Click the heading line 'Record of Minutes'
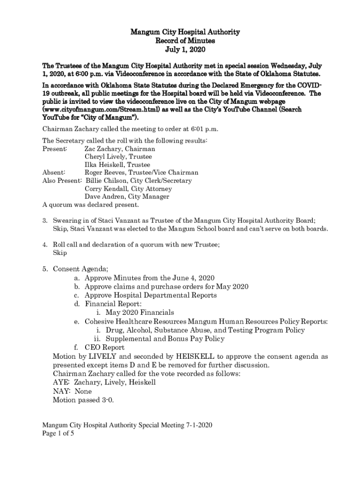point(180,41)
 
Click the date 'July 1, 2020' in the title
point(180,49)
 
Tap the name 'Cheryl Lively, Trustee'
point(118,157)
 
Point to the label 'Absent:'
point(54,173)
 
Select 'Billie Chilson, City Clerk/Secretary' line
point(138,181)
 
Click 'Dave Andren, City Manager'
point(127,196)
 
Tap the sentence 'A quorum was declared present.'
point(90,204)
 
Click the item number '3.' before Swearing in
point(45,220)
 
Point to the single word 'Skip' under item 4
point(60,253)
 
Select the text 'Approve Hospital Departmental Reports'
point(151,295)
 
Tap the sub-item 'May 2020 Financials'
point(140,312)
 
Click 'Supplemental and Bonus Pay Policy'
point(165,339)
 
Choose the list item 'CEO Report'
point(104,348)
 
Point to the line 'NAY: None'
point(72,391)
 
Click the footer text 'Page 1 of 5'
point(58,434)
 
